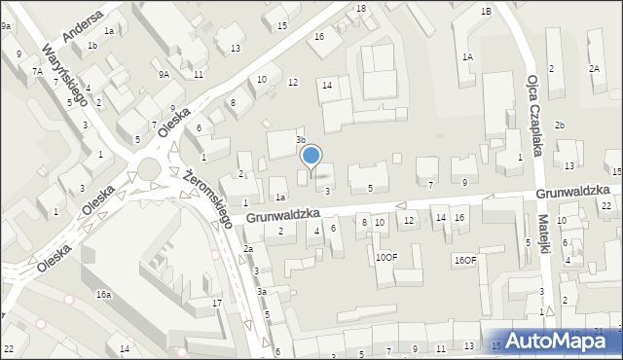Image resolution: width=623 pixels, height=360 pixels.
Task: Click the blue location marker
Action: [311, 156]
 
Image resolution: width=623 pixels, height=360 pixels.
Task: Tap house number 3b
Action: [302, 140]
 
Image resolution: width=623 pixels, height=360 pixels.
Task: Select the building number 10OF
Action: [386, 257]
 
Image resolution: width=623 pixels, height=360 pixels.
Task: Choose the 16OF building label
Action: [465, 260]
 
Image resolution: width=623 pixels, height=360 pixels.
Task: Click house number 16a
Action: [102, 294]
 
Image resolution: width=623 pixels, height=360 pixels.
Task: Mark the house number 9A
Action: [165, 74]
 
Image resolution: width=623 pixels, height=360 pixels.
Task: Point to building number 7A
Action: [36, 71]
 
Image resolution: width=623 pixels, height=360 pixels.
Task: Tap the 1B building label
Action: [485, 12]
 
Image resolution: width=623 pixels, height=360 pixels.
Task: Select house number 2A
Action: [594, 68]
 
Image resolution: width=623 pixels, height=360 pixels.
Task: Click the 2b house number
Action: [560, 125]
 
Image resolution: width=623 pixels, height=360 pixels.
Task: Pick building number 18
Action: [361, 9]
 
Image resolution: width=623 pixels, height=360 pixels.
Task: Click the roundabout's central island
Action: [150, 170]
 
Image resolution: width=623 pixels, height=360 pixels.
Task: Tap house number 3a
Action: [261, 291]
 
